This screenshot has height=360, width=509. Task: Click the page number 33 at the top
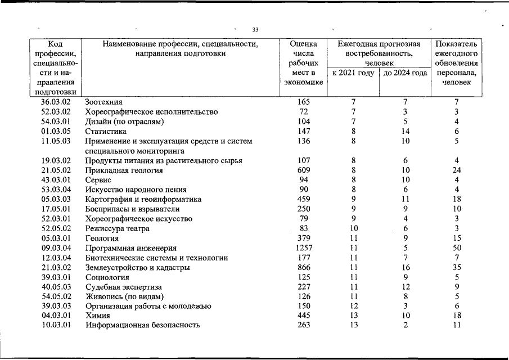(255, 29)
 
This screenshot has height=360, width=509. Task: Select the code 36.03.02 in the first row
(56, 102)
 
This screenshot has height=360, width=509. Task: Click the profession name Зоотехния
(103, 102)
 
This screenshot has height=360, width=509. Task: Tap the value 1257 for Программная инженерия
(303, 248)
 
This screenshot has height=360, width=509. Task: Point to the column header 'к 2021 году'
(353, 73)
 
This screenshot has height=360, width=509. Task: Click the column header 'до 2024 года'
(405, 73)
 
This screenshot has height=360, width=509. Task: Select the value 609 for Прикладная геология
(303, 170)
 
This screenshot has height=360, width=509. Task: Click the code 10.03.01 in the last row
(56, 325)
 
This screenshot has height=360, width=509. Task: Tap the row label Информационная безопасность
(142, 325)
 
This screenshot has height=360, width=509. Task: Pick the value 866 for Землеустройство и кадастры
(303, 268)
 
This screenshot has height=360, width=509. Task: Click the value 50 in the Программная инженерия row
(457, 248)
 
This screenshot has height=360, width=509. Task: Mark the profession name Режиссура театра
(117, 229)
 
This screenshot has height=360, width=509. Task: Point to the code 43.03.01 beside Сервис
(56, 179)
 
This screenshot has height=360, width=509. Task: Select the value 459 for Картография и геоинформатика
(303, 199)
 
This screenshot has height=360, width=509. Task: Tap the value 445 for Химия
(303, 315)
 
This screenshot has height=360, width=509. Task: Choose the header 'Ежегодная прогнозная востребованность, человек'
(379, 53)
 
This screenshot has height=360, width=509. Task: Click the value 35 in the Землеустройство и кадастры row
(457, 268)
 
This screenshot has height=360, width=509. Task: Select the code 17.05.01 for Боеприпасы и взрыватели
(56, 209)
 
